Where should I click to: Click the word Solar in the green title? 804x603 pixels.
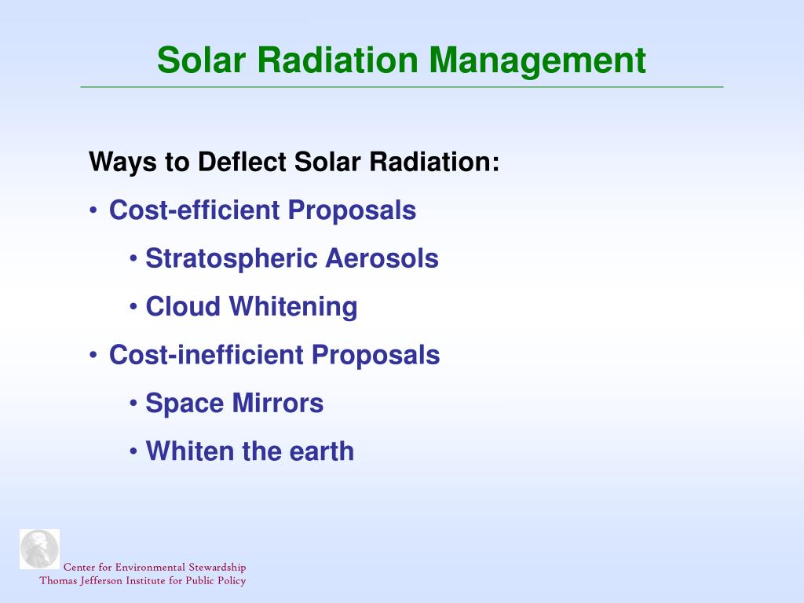coord(201,60)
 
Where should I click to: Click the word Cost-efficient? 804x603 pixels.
coord(195,210)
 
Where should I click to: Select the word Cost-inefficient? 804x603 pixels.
coord(206,354)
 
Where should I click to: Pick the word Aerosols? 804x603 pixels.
coord(382,258)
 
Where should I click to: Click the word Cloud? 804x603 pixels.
coord(183,306)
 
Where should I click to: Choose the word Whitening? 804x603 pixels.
coord(294,308)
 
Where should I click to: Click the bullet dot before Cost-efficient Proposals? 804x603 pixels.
coord(93,210)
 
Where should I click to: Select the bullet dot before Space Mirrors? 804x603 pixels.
coord(133,403)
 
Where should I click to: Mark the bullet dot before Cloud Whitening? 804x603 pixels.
coord(133,307)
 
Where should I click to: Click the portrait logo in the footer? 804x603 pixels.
coord(39,549)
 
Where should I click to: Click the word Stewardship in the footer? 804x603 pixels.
coord(217,568)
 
